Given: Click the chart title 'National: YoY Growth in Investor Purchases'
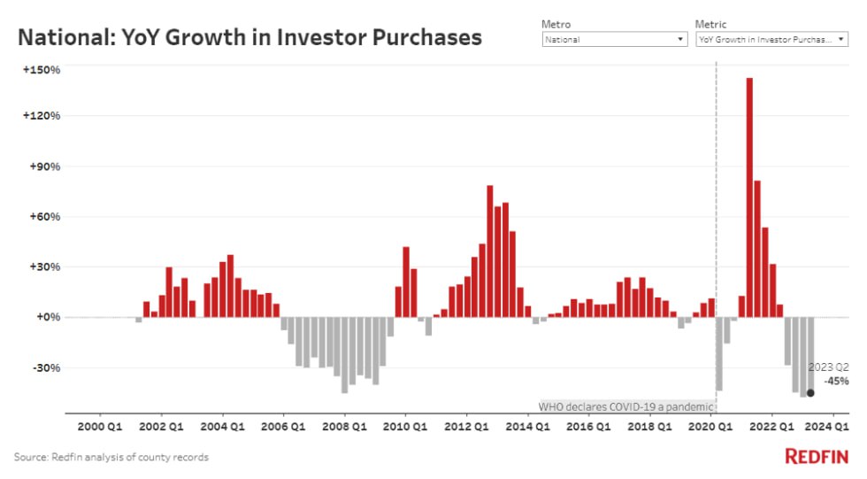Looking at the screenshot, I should click(x=250, y=37).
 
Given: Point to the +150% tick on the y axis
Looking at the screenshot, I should click(x=42, y=70).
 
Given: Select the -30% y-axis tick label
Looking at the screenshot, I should click(x=45, y=367).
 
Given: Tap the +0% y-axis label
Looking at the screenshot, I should click(x=47, y=317).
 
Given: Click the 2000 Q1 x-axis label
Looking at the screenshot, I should click(x=100, y=426).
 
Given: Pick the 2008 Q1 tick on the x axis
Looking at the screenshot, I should click(x=344, y=426).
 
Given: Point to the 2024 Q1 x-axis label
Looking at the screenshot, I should click(x=832, y=426).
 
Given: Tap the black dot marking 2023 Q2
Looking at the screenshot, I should click(x=810, y=392).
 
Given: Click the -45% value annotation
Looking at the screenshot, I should click(x=836, y=382).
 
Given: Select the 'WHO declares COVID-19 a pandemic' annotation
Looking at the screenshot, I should click(x=625, y=406).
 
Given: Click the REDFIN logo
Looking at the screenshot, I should click(x=817, y=456).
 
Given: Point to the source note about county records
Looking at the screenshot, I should click(x=111, y=457).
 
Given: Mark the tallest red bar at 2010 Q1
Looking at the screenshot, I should click(x=406, y=282).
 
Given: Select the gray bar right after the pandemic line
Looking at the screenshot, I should click(x=719, y=353).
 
